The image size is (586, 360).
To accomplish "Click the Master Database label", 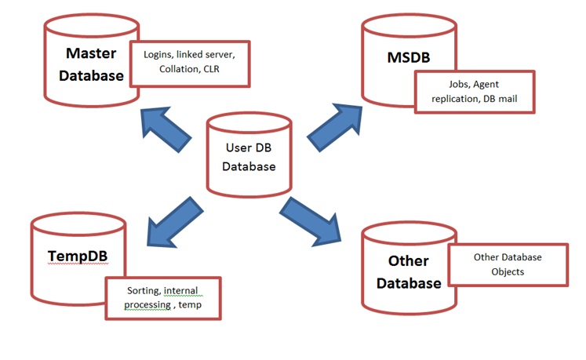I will point(94,64).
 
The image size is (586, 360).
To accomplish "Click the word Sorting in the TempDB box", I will point(142,291).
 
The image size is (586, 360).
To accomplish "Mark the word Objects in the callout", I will point(508,271).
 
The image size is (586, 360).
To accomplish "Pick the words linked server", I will point(213,54).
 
